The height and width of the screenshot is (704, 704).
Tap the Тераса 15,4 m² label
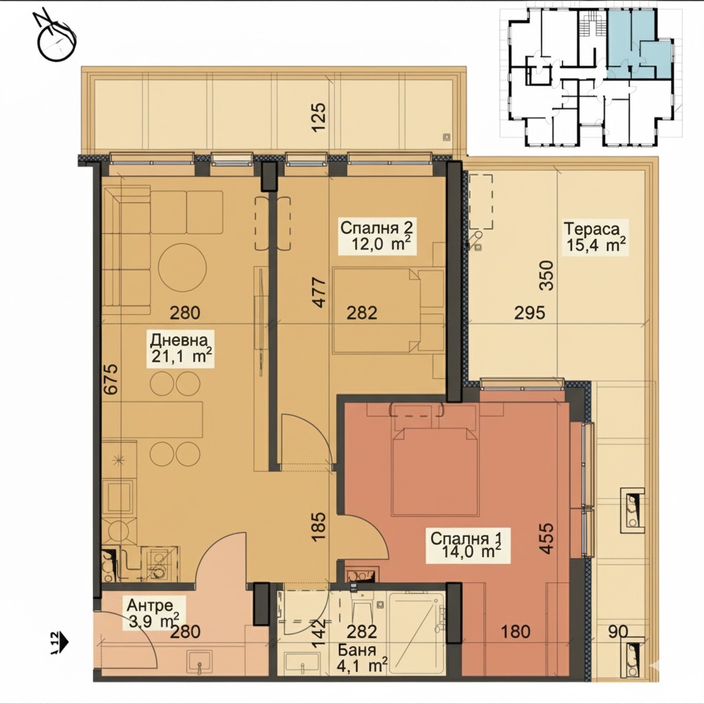click(595, 237)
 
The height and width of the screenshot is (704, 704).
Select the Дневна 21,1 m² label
click(181, 349)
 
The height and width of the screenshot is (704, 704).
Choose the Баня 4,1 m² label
click(362, 657)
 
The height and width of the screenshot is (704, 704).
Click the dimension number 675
click(111, 379)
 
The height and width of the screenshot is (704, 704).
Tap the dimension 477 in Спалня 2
click(318, 293)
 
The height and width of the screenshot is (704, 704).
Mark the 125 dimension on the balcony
click(318, 118)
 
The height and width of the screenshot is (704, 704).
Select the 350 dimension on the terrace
click(547, 275)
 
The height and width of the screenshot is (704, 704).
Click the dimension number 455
click(547, 538)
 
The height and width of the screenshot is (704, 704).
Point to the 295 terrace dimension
click(530, 313)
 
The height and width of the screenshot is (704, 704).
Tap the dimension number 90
click(618, 631)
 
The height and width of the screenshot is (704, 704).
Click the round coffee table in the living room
click(182, 267)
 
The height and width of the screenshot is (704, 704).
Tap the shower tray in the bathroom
click(417, 633)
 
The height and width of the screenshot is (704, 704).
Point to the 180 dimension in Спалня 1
click(516, 632)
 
